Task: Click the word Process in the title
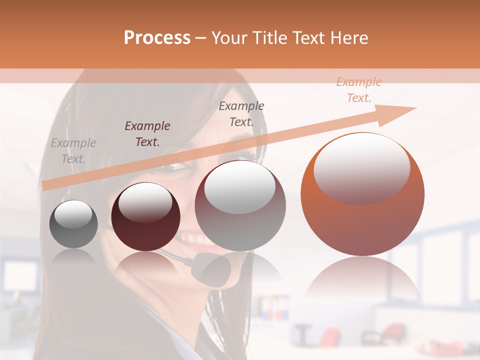point(157,38)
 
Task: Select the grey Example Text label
point(73,151)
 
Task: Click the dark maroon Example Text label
point(147,134)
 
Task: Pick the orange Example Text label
point(359,90)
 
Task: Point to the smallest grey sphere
point(73,224)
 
